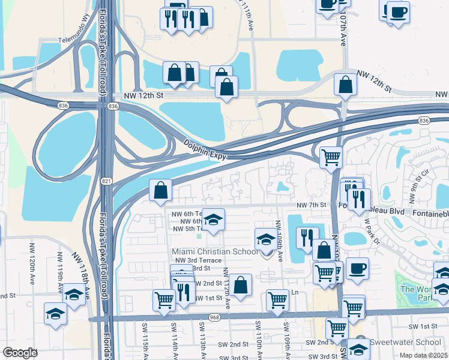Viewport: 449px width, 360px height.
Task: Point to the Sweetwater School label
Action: click(x=406, y=341)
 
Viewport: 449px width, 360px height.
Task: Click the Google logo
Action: click(x=20, y=353)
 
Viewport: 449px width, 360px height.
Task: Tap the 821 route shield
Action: click(x=106, y=181)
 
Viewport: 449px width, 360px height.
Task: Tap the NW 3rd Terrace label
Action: click(x=196, y=260)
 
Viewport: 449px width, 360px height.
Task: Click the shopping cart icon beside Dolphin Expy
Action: click(x=331, y=158)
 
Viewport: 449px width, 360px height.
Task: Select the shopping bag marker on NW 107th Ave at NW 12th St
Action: click(x=346, y=85)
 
